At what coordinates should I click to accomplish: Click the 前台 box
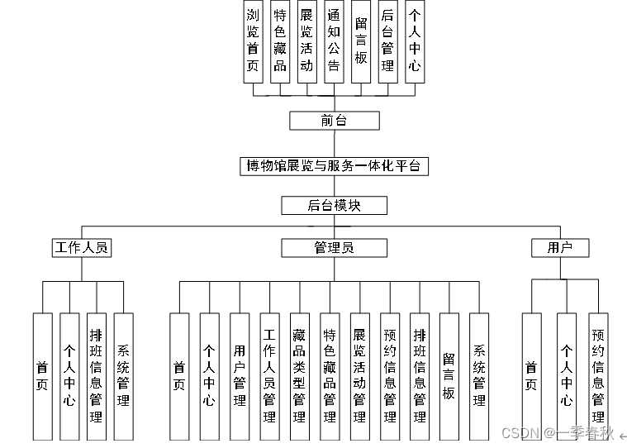point(334,121)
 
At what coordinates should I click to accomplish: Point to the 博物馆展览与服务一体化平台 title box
point(334,166)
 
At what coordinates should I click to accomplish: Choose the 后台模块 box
point(334,206)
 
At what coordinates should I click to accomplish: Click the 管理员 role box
point(334,247)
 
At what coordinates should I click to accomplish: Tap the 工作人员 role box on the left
point(81,247)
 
